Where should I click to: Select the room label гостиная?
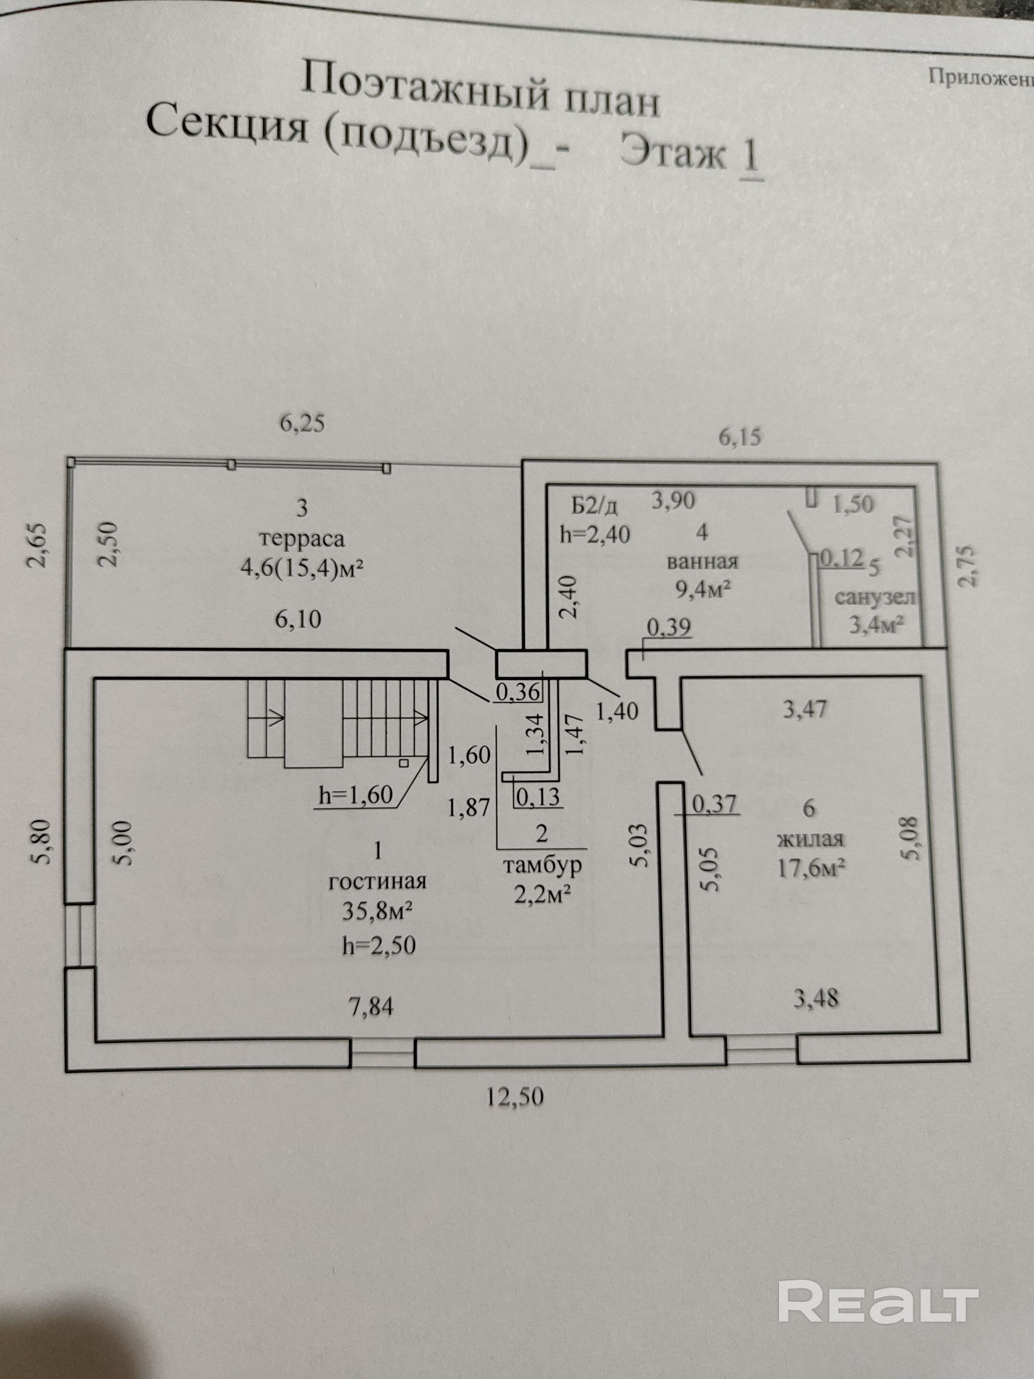pos(377,882)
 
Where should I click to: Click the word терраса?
pos(302,538)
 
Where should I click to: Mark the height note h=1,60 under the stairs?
pos(355,795)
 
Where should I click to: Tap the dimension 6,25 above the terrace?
pos(302,424)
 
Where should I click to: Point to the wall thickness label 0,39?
pos(668,627)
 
